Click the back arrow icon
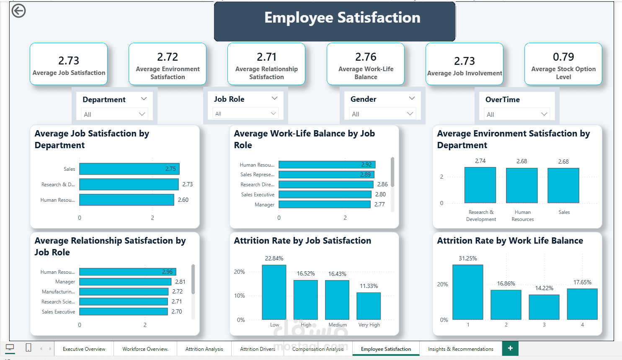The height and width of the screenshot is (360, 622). (x=18, y=11)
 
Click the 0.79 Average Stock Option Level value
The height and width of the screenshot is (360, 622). (x=563, y=57)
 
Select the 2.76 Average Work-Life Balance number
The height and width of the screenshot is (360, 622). (x=366, y=57)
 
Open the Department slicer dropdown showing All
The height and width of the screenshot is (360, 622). (x=114, y=114)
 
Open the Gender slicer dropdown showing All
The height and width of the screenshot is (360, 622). (x=382, y=114)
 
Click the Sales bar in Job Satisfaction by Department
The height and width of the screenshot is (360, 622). (x=129, y=169)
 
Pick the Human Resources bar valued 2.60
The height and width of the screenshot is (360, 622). (x=126, y=200)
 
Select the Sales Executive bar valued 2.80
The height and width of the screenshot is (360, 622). (x=325, y=194)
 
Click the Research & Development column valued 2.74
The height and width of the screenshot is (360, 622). (x=480, y=185)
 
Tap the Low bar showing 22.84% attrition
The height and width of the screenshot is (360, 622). (x=274, y=292)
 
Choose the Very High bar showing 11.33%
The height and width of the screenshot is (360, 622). (x=369, y=306)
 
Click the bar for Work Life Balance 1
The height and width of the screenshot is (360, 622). (x=468, y=292)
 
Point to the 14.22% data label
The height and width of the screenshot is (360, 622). (x=544, y=288)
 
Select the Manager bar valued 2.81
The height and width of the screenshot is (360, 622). (x=125, y=282)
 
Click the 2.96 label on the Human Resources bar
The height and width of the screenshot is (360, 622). (x=167, y=272)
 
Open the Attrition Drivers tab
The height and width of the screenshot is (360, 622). (x=258, y=349)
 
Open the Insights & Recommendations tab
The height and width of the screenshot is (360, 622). (x=461, y=349)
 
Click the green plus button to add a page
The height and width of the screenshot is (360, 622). (x=510, y=348)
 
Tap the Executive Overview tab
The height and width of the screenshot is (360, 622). (x=84, y=349)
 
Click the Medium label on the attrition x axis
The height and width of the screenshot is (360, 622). (x=337, y=325)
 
